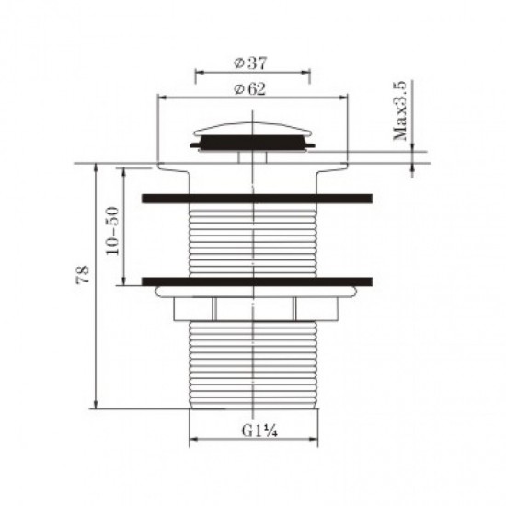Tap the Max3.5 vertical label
click(x=401, y=111)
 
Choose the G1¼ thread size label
click(x=253, y=430)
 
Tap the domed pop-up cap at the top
click(x=253, y=129)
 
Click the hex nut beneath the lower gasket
click(x=253, y=309)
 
